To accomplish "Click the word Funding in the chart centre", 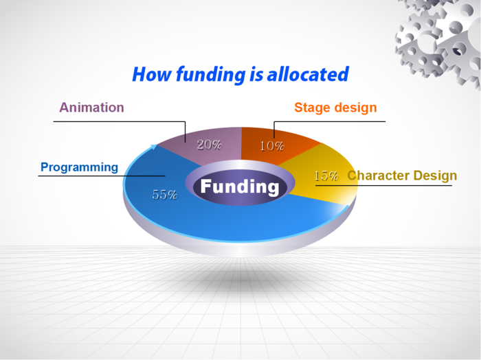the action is click(240, 187).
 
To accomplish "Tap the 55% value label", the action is click(165, 195).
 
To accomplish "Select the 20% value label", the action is click(209, 145).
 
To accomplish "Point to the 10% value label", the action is click(272, 146).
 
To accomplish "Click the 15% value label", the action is click(326, 176).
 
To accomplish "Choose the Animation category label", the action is click(91, 108).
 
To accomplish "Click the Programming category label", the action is click(80, 167).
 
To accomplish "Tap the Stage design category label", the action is click(335, 108).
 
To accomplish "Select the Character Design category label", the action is click(402, 176).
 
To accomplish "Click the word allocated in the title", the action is click(308, 74).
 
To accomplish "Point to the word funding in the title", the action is click(211, 75).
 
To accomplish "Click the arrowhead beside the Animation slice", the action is click(154, 147).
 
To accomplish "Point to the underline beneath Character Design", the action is click(383, 186).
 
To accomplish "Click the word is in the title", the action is click(256, 74).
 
